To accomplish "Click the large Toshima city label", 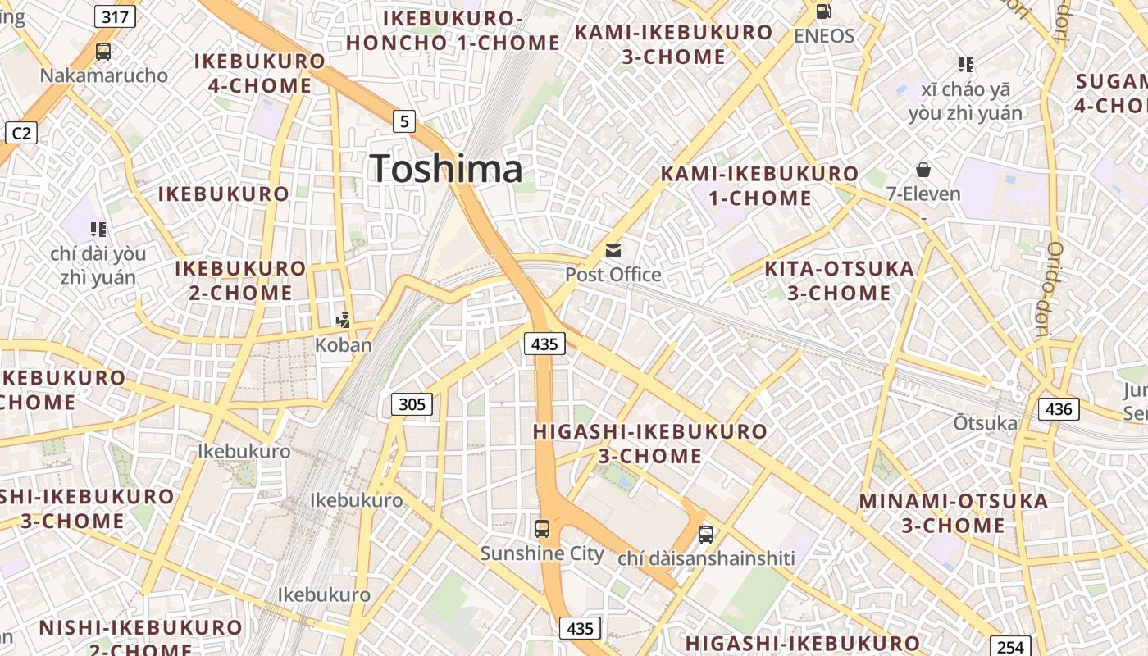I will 446,169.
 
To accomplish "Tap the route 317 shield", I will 115,16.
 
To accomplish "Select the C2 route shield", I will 20,132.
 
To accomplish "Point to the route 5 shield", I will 403,121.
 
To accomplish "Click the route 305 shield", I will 412,403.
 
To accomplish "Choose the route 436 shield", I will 1059,408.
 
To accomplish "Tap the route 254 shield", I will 1010,647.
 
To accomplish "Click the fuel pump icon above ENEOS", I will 823,11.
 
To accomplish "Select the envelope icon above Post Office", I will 613,251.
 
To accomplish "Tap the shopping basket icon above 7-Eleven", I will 923,170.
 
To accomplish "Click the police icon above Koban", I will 344,321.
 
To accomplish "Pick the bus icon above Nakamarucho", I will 103,52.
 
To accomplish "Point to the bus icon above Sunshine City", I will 542,529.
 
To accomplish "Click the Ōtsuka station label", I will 985,423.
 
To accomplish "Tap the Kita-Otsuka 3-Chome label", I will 839,280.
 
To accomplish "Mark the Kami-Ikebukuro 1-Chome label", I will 759,185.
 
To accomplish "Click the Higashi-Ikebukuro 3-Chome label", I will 650,443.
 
